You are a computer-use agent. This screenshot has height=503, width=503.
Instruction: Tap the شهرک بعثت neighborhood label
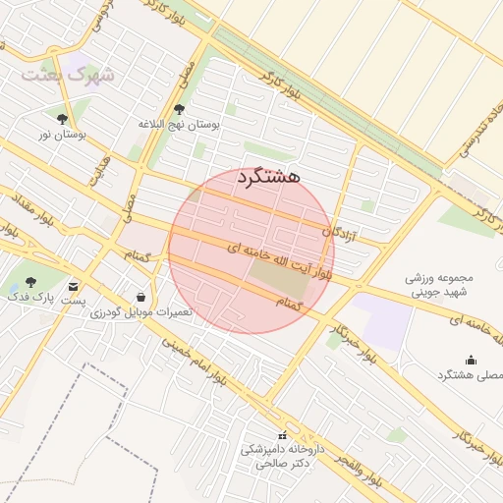point(70,76)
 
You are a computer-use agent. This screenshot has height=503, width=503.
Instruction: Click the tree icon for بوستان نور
point(62,118)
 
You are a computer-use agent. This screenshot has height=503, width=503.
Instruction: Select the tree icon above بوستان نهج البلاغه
point(178,109)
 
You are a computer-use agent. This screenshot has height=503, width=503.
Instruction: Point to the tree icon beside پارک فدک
point(31,282)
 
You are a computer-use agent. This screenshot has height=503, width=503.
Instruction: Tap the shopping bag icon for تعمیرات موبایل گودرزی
point(142,297)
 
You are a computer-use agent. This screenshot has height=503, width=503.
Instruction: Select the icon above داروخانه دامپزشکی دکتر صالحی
point(283,434)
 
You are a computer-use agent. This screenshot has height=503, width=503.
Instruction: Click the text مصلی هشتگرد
point(469,375)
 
